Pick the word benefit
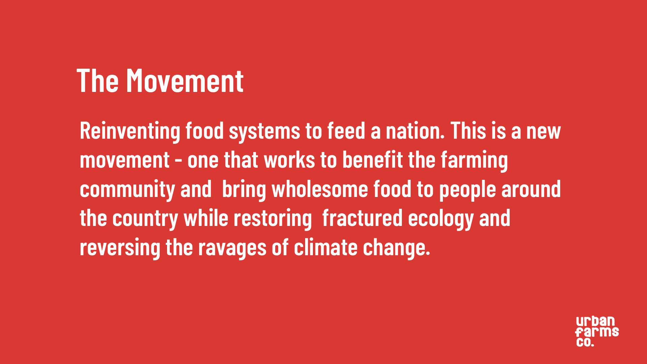click(x=373, y=160)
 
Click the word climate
click(x=326, y=247)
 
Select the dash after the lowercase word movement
click(x=179, y=160)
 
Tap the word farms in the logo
click(x=597, y=332)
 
